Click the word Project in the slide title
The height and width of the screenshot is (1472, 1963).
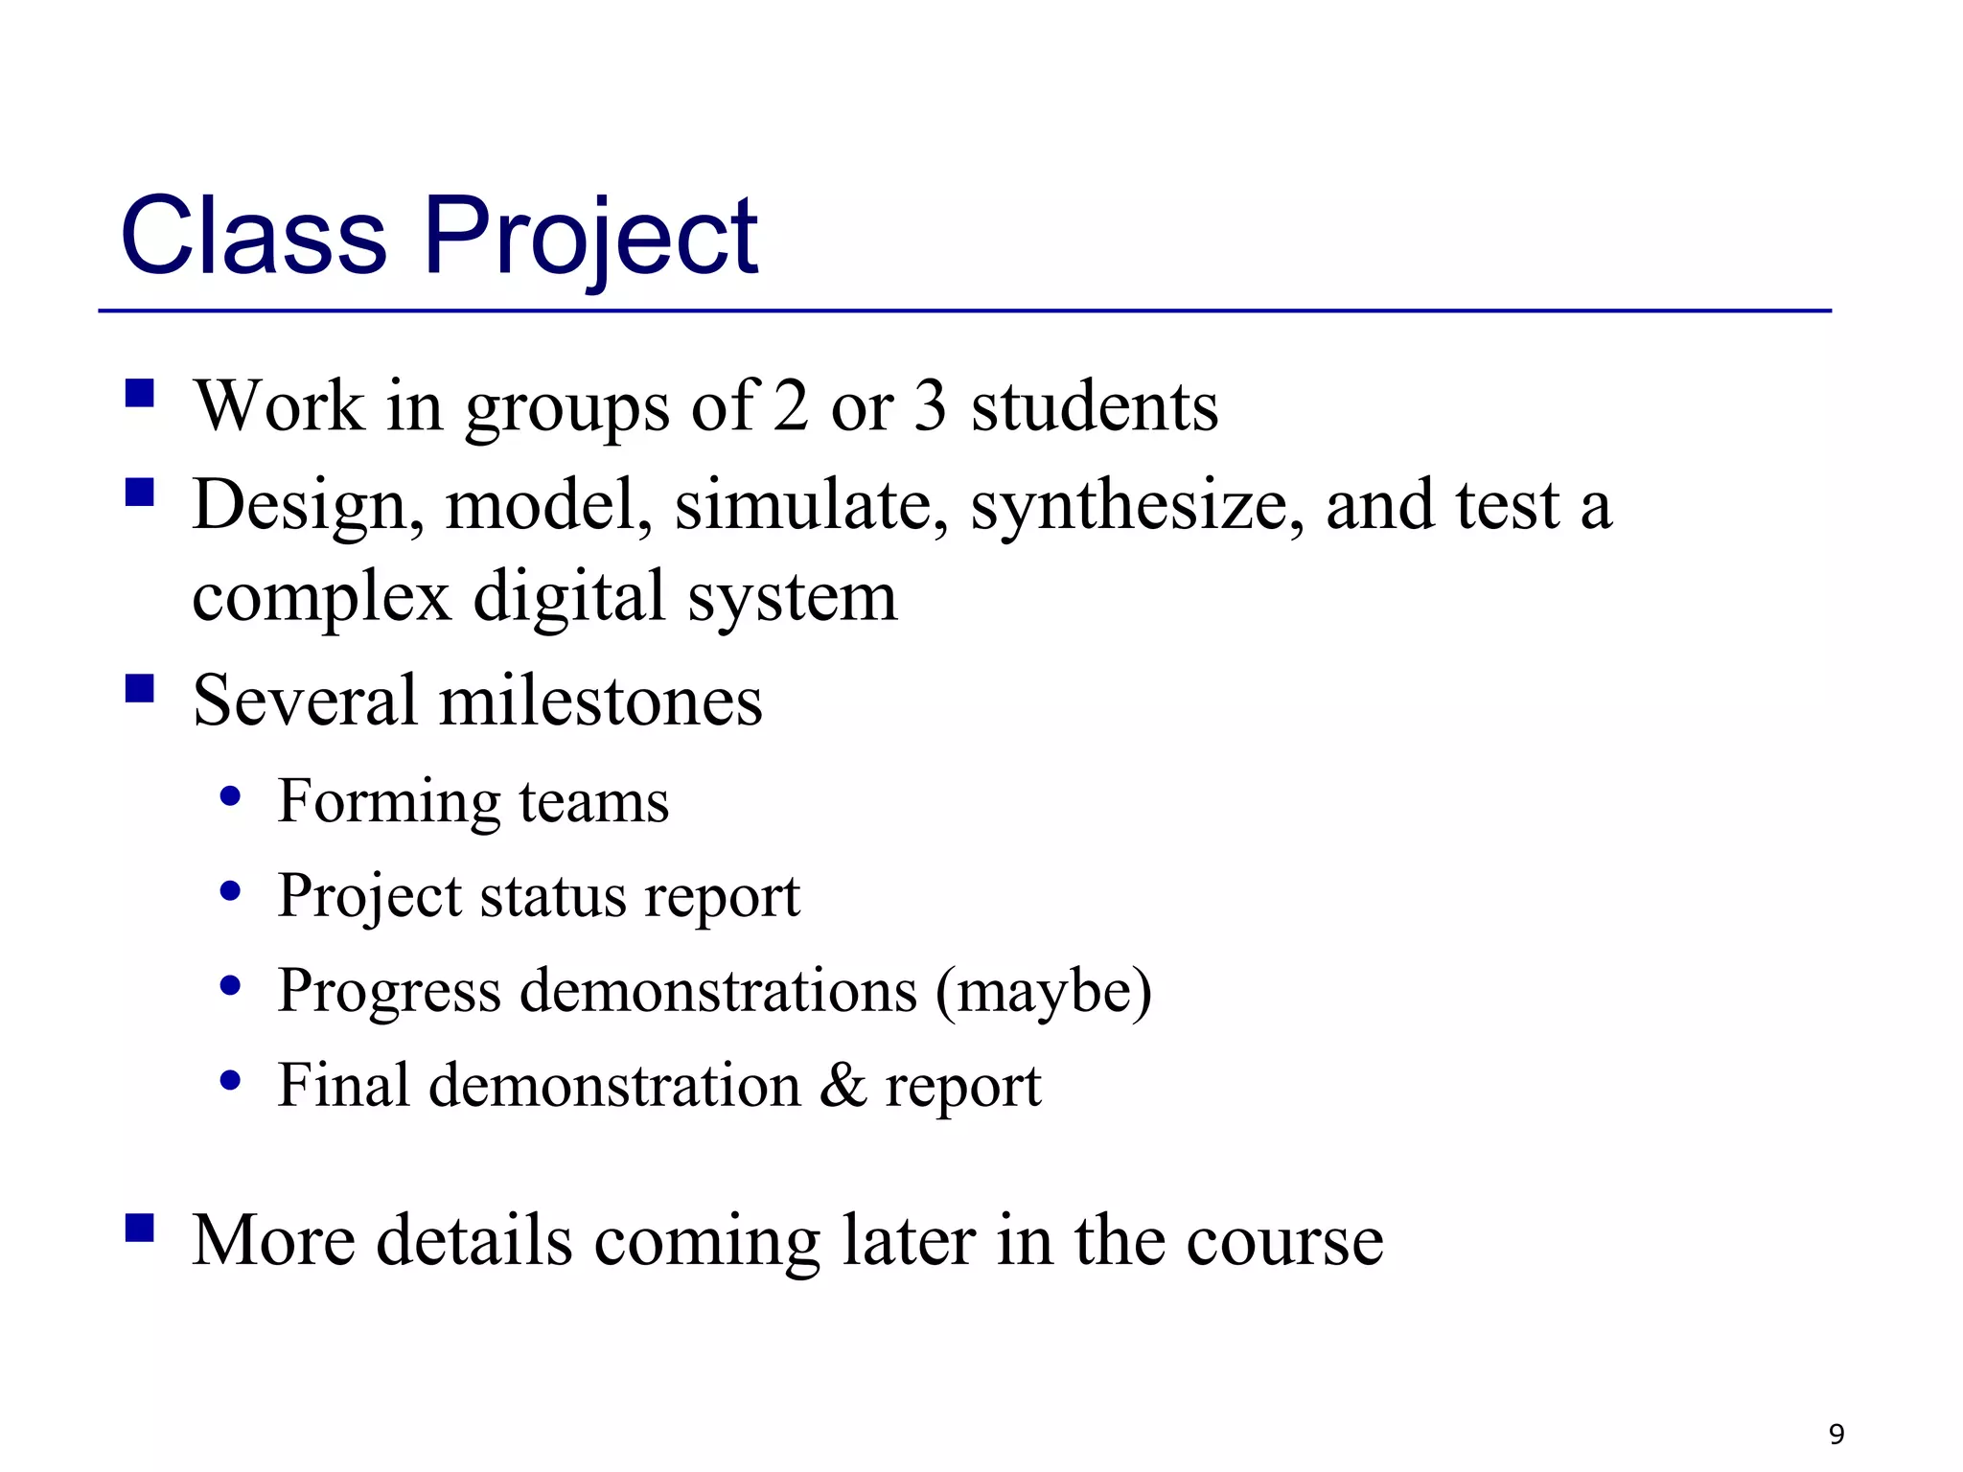(x=590, y=235)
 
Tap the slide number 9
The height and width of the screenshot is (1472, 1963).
(x=1836, y=1434)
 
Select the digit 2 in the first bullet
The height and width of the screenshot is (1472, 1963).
(x=791, y=406)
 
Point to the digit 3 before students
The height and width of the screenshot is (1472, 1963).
(x=930, y=406)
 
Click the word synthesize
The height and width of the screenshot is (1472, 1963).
(x=1137, y=506)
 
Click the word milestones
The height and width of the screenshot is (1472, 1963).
(x=600, y=701)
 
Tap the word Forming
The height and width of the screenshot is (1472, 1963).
(x=388, y=801)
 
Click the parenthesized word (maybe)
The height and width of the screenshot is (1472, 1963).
(x=1043, y=991)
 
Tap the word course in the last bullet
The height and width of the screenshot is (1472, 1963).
(x=1284, y=1241)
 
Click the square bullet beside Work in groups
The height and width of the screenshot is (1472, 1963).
(x=140, y=394)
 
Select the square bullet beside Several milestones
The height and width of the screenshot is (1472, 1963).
(x=140, y=688)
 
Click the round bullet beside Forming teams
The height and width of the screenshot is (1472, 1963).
(x=230, y=796)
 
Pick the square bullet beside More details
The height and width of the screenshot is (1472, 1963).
(x=140, y=1228)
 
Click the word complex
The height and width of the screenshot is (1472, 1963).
(x=321, y=598)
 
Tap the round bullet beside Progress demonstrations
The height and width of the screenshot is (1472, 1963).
(x=230, y=985)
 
